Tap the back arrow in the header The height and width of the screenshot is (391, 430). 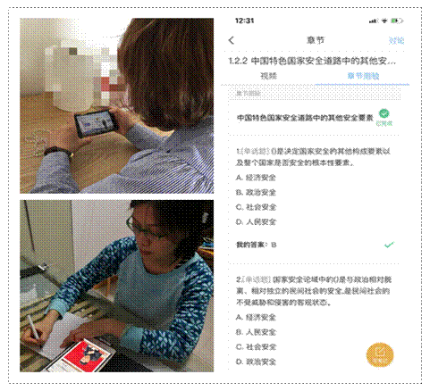click(x=232, y=40)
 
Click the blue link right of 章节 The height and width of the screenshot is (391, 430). click(x=395, y=40)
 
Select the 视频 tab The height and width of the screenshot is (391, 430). click(x=268, y=78)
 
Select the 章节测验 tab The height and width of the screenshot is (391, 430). click(x=356, y=78)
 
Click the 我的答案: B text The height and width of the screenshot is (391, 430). click(x=257, y=243)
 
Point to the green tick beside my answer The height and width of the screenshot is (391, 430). click(x=388, y=243)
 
